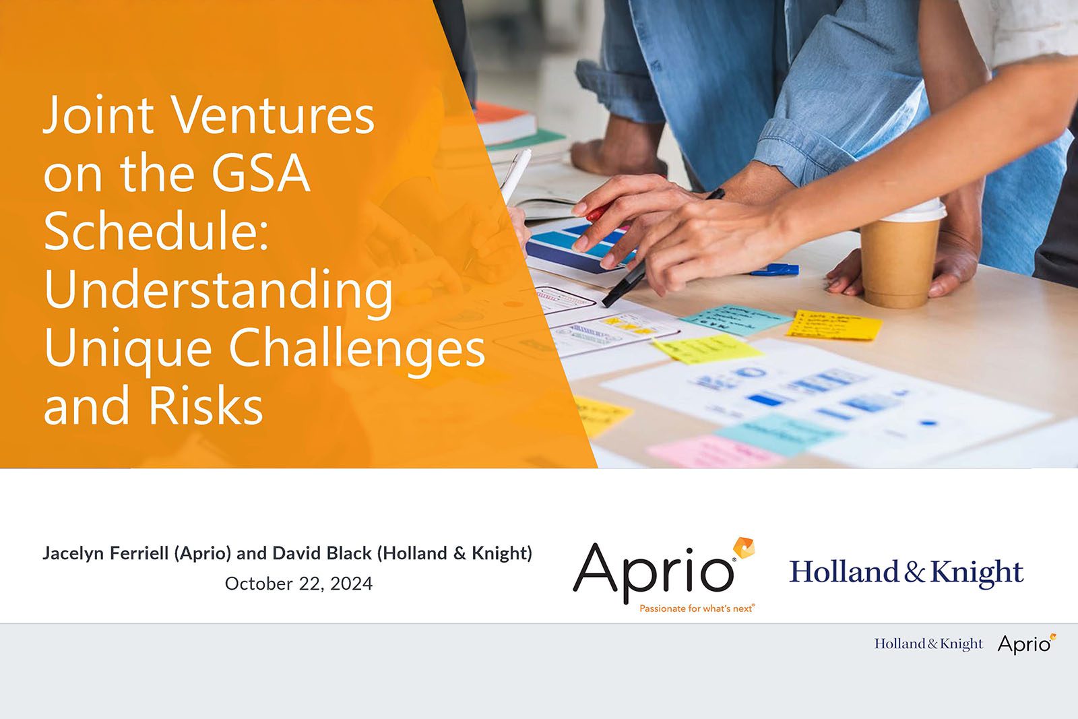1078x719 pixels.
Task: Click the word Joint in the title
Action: pos(99,115)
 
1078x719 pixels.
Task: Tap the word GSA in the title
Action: pos(261,173)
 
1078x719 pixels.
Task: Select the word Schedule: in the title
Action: pos(156,231)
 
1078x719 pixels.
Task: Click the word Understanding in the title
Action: pos(218,290)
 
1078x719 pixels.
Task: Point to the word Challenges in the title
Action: pos(356,348)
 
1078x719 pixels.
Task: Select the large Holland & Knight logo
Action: pos(906,572)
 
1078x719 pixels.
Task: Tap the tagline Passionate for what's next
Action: pos(697,608)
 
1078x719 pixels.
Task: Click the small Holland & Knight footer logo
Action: pos(928,644)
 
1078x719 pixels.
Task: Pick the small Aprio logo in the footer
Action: pos(1026,644)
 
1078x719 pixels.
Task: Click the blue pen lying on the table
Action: pos(775,270)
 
